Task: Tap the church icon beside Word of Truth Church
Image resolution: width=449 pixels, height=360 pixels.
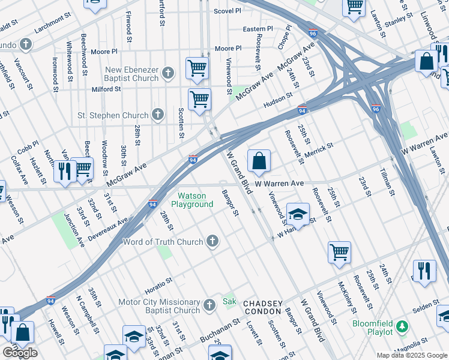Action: tap(211, 242)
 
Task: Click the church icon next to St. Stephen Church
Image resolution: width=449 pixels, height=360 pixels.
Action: tap(158, 115)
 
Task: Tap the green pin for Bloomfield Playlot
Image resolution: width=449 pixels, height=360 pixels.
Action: tap(402, 327)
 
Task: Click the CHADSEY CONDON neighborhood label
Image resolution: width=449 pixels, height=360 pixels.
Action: tap(263, 308)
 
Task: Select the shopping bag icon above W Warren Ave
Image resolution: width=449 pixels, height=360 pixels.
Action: tap(259, 161)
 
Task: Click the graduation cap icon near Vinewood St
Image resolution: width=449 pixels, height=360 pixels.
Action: tap(298, 214)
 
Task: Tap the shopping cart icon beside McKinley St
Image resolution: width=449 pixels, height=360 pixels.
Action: tap(339, 251)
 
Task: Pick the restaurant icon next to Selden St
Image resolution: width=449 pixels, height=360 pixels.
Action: tap(424, 270)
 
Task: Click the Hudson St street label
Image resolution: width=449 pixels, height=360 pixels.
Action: tap(278, 98)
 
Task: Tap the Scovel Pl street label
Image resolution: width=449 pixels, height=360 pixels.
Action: tap(228, 11)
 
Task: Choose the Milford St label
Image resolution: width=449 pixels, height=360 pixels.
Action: tap(106, 89)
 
